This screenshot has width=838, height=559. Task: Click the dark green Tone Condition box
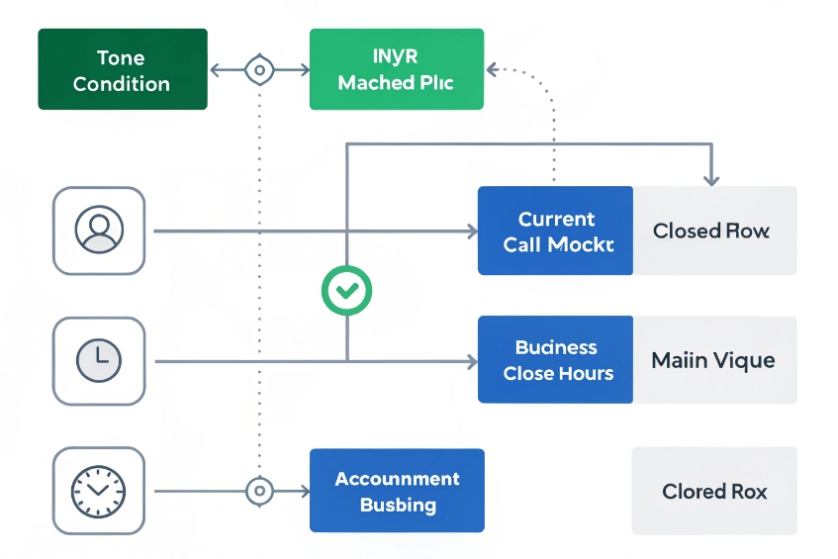(x=122, y=69)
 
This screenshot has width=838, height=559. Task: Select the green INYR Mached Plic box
(x=396, y=69)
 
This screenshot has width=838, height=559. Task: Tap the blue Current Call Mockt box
(x=555, y=231)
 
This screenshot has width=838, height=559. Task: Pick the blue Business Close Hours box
(x=555, y=360)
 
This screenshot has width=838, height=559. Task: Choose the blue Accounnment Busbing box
(x=397, y=491)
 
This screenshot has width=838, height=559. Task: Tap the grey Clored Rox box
(x=714, y=491)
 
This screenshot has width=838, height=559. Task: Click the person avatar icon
(x=99, y=231)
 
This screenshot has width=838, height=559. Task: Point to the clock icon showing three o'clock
(x=99, y=360)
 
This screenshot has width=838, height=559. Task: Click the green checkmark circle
(x=346, y=290)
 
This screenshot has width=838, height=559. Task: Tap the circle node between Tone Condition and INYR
(x=258, y=70)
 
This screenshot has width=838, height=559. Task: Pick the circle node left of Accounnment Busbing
(x=259, y=491)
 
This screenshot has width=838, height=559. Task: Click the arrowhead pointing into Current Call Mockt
(x=471, y=232)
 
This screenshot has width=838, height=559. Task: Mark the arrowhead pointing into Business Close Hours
(x=471, y=362)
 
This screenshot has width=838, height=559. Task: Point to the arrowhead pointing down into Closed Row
(x=710, y=179)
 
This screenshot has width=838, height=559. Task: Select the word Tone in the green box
(x=122, y=58)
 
